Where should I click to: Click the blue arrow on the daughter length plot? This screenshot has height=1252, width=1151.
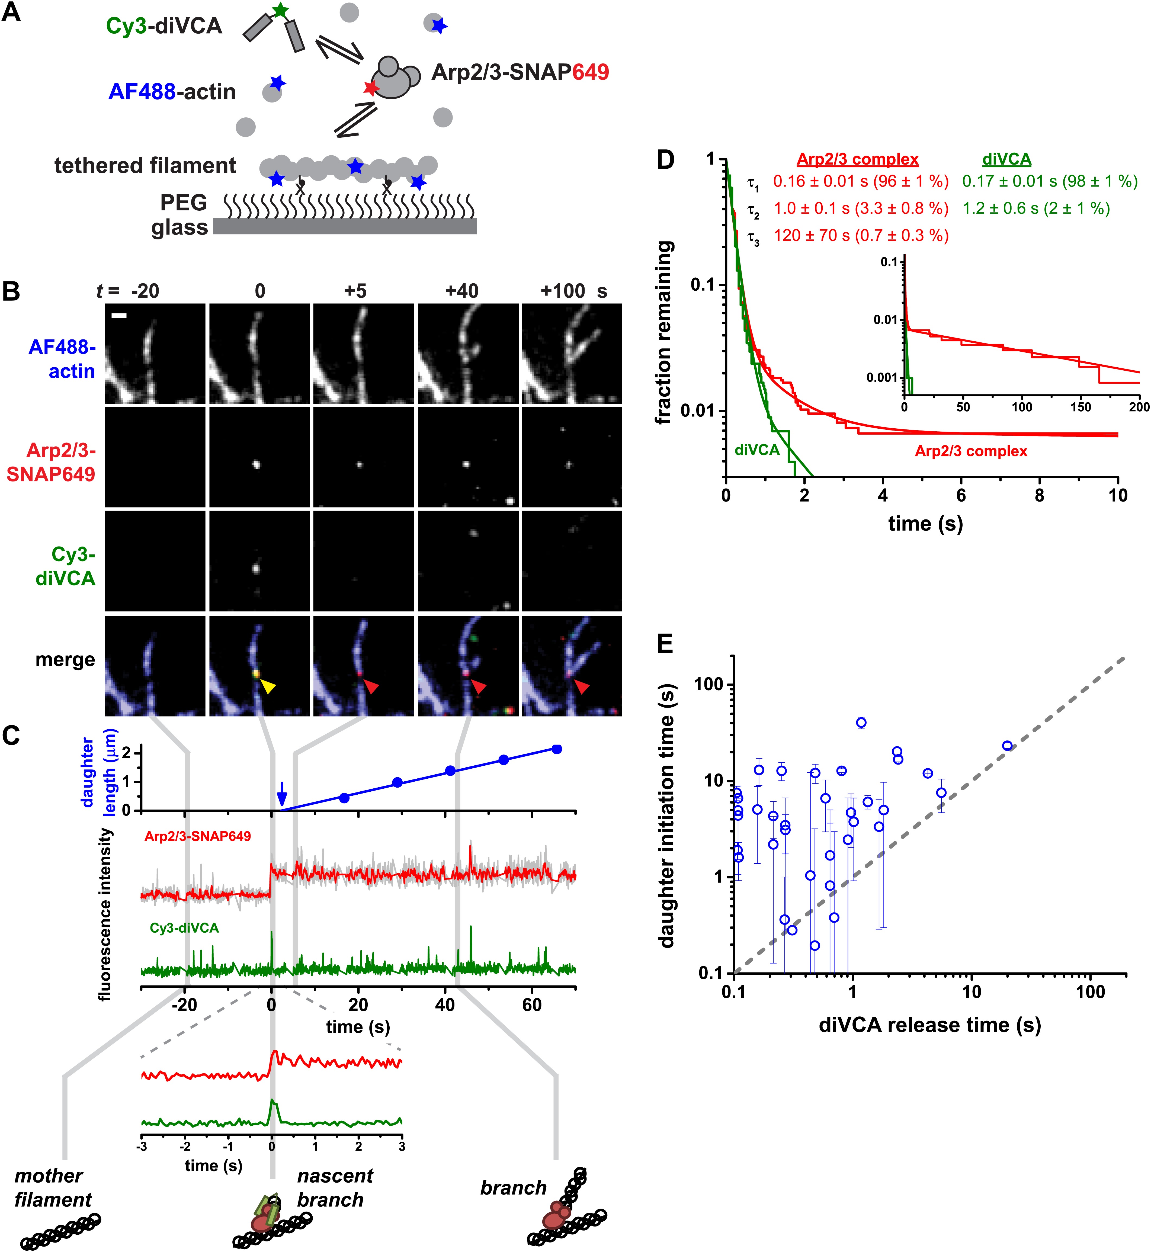281,794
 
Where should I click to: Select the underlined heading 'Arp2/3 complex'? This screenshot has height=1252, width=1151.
858,159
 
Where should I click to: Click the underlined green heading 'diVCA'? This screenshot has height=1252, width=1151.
1006,159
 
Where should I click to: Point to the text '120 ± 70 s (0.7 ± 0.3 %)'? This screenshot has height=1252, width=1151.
861,235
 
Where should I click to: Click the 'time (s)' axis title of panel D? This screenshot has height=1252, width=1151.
925,523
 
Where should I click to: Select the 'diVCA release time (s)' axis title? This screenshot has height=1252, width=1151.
929,1025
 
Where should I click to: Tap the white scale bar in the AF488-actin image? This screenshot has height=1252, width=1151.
119,316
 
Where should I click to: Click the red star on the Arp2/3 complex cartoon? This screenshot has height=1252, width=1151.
371,88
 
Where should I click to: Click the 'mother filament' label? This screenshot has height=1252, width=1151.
52,1188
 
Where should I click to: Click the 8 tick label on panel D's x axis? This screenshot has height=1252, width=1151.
1040,495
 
